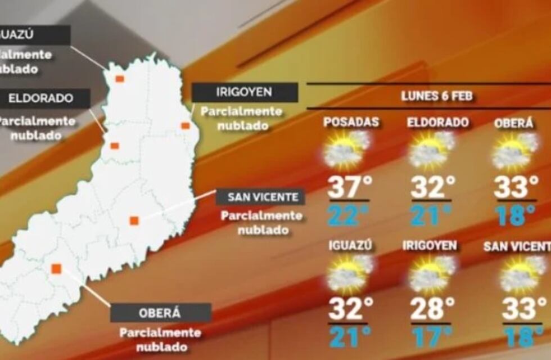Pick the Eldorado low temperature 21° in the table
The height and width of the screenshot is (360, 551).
(432, 215)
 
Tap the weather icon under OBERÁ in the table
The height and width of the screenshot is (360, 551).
(512, 150)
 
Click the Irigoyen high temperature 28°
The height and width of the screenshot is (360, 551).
(432, 309)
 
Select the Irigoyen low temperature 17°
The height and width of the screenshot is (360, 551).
(432, 336)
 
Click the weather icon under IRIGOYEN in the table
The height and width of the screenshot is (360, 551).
(432, 274)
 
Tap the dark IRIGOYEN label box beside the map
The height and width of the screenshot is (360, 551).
(245, 92)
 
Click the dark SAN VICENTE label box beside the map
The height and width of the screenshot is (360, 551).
(261, 197)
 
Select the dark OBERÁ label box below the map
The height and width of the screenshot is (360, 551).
(161, 313)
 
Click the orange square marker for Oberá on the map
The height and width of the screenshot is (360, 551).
(56, 269)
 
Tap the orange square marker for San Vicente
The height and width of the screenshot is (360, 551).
(134, 220)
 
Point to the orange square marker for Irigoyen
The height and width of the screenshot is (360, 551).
(185, 125)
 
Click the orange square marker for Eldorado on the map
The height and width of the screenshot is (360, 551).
(115, 146)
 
